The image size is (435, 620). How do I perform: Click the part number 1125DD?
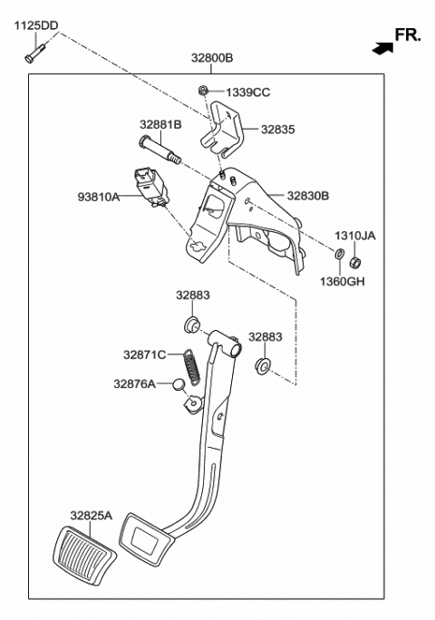[34, 25]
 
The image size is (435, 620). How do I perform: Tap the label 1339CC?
[247, 92]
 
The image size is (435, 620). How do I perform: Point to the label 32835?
[277, 130]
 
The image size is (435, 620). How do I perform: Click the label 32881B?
[160, 124]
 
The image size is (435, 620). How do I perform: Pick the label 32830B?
[308, 195]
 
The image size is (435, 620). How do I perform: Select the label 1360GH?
[343, 281]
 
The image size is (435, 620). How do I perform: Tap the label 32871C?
[145, 354]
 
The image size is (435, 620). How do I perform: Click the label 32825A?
[93, 515]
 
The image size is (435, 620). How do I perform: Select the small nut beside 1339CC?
[206, 90]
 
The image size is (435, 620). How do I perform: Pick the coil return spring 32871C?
[192, 368]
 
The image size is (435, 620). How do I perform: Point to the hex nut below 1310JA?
[356, 261]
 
